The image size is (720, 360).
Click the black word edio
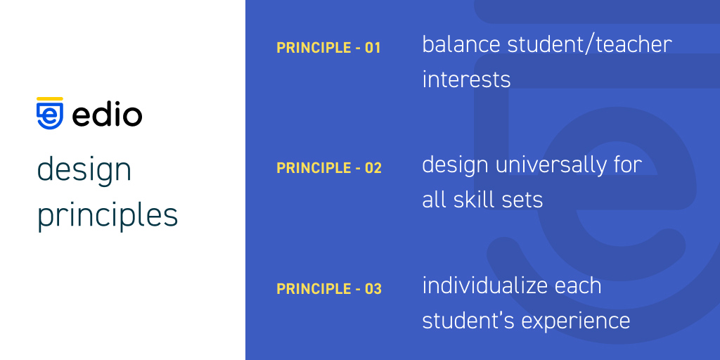107,115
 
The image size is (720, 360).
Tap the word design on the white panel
84,170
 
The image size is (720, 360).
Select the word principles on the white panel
107,215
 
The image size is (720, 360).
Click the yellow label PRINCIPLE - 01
328,48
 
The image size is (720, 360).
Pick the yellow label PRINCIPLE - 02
328,168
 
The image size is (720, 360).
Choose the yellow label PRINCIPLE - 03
328,289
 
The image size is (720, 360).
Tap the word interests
466,79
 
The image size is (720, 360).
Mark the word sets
523,200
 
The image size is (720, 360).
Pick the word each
577,285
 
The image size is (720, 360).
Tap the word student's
461,321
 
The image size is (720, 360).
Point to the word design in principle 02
455,165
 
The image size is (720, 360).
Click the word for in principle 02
626,165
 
